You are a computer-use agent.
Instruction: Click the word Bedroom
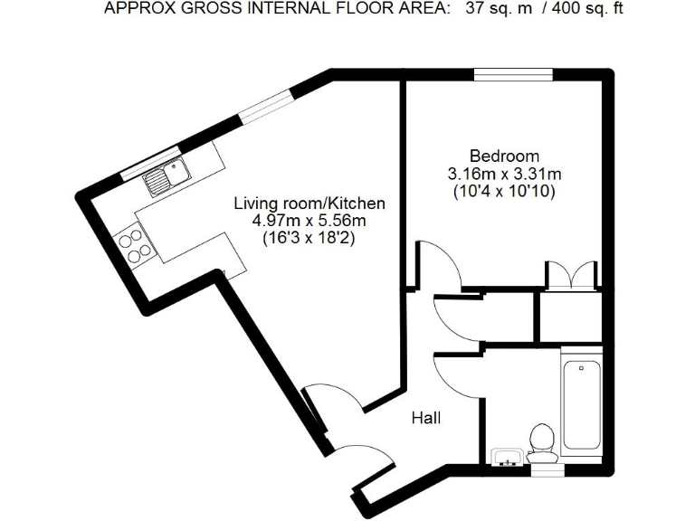point(504,156)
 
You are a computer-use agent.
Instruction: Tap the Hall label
point(425,418)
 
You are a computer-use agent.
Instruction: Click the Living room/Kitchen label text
point(310,204)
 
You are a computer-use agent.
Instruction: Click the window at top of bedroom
point(514,75)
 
